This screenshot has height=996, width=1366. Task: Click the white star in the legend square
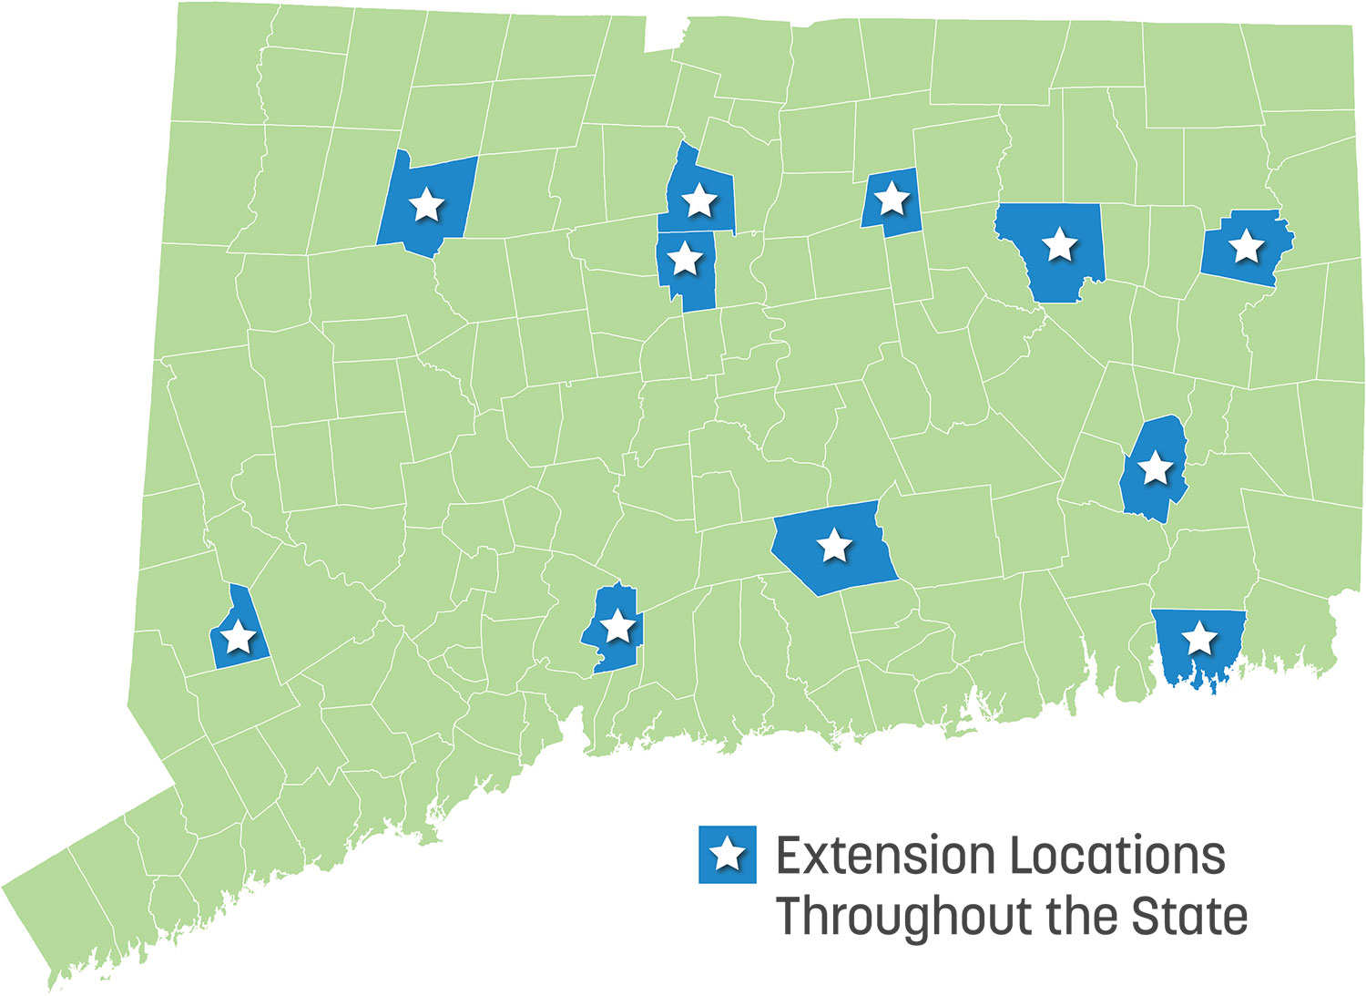point(728,854)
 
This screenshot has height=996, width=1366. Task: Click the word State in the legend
point(1190,915)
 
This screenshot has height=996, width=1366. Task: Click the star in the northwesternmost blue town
point(426,205)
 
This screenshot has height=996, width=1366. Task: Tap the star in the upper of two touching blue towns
point(698,200)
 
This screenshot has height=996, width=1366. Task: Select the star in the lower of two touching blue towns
point(685,260)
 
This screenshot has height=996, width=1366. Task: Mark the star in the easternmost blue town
point(1246,245)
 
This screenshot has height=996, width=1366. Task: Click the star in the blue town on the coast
point(1199,639)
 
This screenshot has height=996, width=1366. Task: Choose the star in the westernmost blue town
point(239,637)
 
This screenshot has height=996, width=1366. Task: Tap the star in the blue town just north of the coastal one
point(1155,467)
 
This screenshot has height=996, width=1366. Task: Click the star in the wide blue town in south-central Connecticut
point(834,546)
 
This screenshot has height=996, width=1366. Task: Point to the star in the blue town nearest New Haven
point(618,626)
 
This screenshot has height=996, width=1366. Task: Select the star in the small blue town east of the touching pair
point(892,197)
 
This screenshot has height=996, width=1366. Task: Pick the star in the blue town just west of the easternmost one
point(1059,244)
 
